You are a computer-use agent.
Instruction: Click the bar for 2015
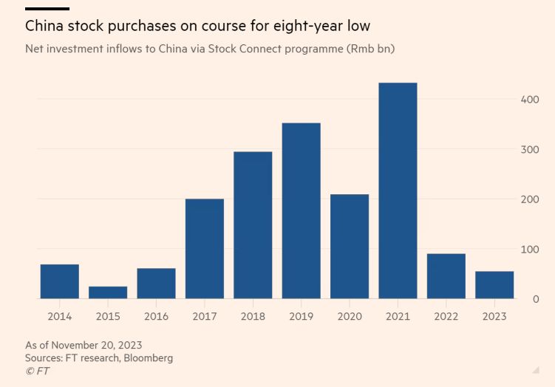(x=108, y=292)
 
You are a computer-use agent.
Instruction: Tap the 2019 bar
(x=301, y=210)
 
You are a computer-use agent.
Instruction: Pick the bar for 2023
(x=494, y=285)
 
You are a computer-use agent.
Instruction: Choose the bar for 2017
(x=205, y=248)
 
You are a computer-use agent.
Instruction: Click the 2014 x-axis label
(x=59, y=317)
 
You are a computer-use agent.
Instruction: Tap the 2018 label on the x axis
(x=253, y=317)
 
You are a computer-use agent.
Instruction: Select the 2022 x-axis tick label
(x=446, y=317)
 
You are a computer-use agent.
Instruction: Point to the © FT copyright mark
(x=37, y=371)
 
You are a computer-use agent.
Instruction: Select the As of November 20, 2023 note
(x=84, y=345)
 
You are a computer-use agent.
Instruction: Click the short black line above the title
(x=47, y=9)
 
